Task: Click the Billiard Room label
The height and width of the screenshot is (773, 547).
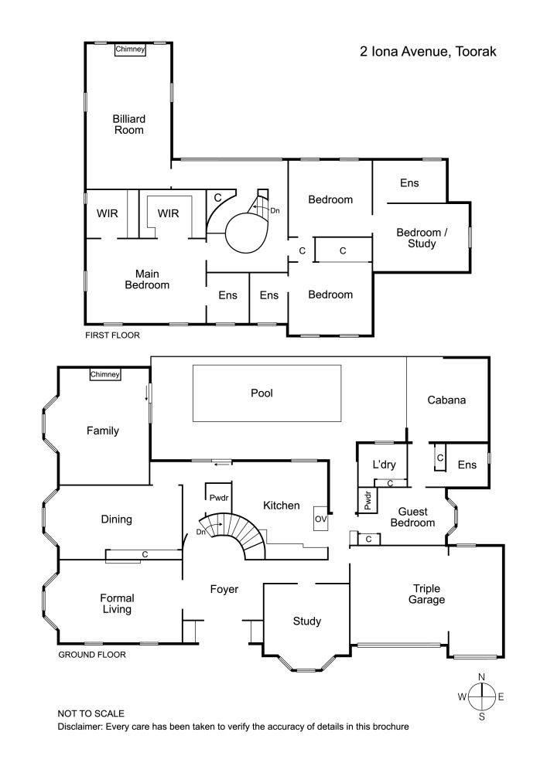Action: (128, 124)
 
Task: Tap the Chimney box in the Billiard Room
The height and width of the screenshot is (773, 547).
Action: (130, 49)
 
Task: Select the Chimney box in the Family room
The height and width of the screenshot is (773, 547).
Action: (105, 375)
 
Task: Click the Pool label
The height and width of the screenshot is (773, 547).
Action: (262, 393)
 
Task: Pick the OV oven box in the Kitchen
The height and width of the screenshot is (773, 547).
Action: (320, 519)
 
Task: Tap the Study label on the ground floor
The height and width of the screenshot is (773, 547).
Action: (306, 621)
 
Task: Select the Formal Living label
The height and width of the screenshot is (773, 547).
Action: (117, 604)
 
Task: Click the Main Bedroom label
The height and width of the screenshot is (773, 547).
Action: (152, 279)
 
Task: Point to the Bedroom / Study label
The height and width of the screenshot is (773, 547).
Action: (416, 238)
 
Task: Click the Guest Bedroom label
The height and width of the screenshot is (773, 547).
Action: (416, 516)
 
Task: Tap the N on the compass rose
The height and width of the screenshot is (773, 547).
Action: (481, 677)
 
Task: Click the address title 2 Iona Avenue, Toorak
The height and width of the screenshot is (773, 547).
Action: (426, 52)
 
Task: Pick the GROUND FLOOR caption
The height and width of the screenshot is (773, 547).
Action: (92, 655)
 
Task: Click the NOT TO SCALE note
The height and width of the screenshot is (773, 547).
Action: (91, 713)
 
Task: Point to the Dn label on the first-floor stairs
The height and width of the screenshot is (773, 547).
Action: (273, 209)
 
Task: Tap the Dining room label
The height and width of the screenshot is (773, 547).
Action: (117, 519)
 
